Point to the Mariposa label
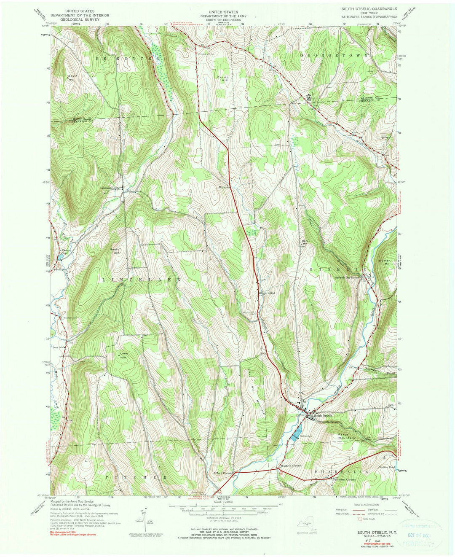click(x=225, y=188)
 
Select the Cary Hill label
click(x=305, y=242)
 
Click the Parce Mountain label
click(x=347, y=436)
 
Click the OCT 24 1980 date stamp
click(x=421, y=534)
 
